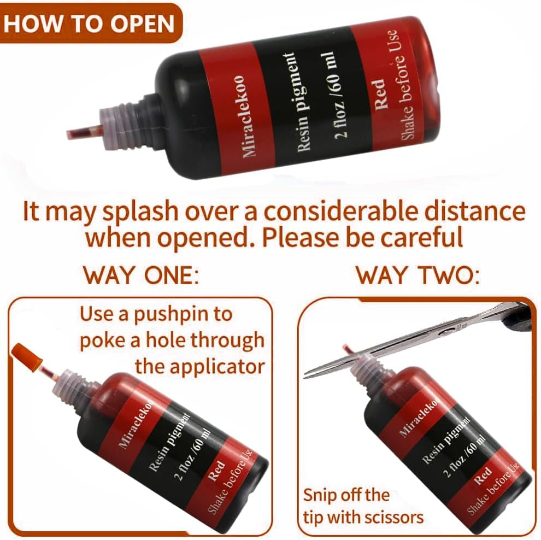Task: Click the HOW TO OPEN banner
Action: (x=90, y=24)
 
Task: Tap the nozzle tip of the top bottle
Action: (x=69, y=134)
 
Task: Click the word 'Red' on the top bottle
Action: (x=380, y=94)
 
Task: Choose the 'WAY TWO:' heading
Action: (x=418, y=275)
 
